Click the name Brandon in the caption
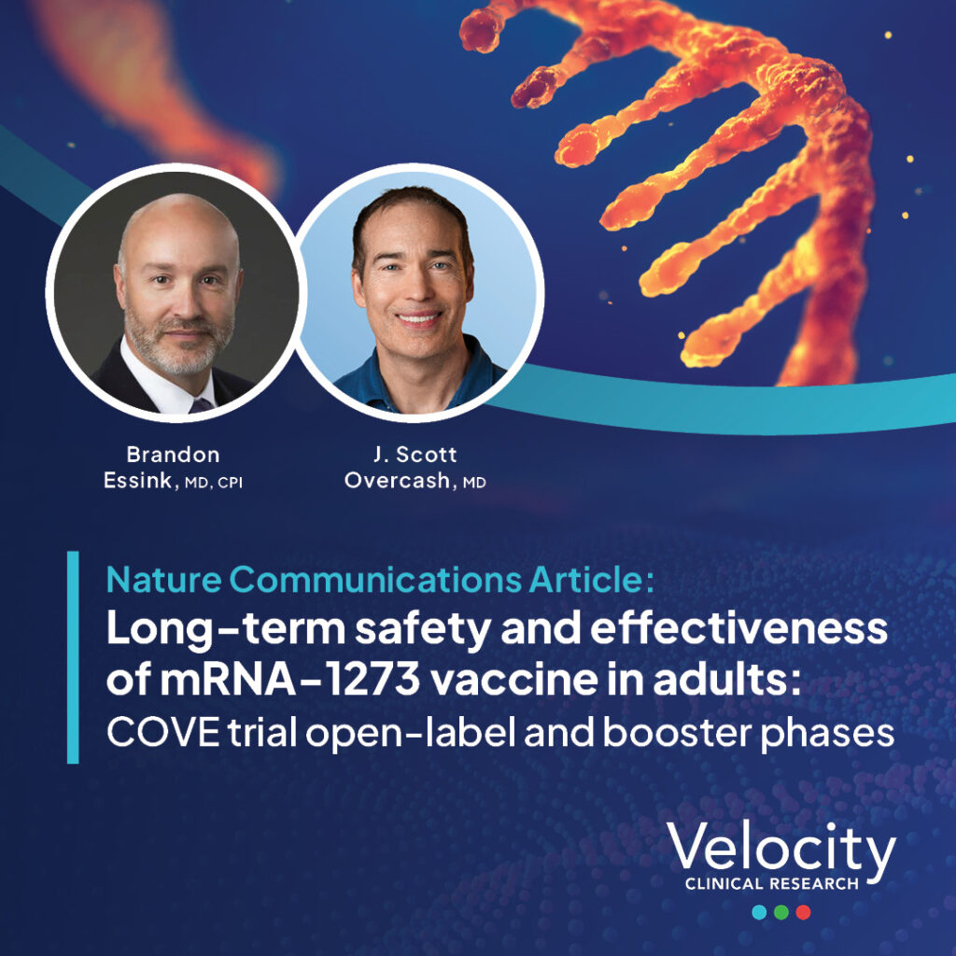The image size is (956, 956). pyautogui.click(x=173, y=455)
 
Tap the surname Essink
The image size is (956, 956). pyautogui.click(x=138, y=481)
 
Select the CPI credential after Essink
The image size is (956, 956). pyautogui.click(x=231, y=483)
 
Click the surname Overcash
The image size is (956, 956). pyautogui.click(x=398, y=481)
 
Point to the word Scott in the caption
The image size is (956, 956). pyautogui.click(x=426, y=455)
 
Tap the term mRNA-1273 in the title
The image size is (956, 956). pyautogui.click(x=290, y=680)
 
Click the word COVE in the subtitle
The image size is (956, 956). pyautogui.click(x=162, y=733)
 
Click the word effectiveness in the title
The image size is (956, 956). pyautogui.click(x=738, y=629)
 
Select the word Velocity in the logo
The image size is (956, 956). pyautogui.click(x=781, y=848)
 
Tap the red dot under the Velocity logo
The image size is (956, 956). pyautogui.click(x=803, y=912)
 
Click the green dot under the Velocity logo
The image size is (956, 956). pyautogui.click(x=781, y=912)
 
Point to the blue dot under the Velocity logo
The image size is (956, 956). pyautogui.click(x=759, y=912)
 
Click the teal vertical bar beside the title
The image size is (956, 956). pyautogui.click(x=73, y=657)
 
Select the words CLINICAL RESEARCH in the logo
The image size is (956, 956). pyautogui.click(x=772, y=883)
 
